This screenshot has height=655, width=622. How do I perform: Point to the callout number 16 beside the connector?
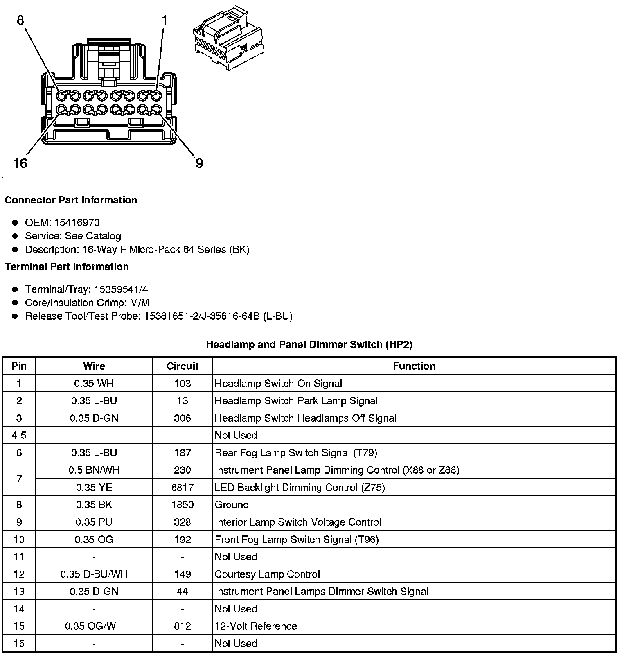[20, 163]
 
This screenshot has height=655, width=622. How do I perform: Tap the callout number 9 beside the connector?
[199, 163]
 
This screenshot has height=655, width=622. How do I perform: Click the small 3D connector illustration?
[228, 38]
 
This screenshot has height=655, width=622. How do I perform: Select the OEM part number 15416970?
[77, 222]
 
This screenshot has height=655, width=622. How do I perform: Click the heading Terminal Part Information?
[67, 267]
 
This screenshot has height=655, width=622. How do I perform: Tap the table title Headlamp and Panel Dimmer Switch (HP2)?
[309, 344]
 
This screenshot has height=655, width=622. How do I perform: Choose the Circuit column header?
[182, 366]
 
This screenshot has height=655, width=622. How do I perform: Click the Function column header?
[414, 366]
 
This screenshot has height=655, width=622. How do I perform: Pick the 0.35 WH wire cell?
[94, 384]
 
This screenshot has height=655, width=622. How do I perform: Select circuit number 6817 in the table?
[182, 488]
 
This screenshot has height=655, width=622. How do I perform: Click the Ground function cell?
[232, 505]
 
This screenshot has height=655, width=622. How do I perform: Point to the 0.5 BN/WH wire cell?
[94, 470]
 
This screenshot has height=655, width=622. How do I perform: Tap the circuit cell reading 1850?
[182, 505]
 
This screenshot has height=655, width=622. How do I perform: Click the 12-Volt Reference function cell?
[256, 626]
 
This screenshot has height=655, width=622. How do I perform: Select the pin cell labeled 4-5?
[19, 435]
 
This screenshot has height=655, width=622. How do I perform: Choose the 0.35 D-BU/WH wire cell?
[94, 574]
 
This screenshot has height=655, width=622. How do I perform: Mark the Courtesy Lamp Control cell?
[267, 574]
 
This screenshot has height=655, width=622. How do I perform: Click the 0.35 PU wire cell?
[94, 522]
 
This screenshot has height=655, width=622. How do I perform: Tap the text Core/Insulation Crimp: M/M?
[87, 303]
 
